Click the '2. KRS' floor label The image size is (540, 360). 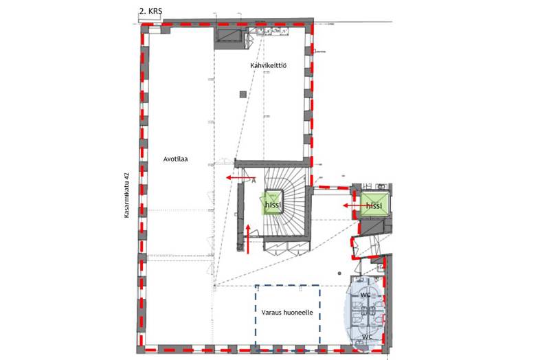click(x=150, y=11)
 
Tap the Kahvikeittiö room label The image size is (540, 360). click(x=268, y=65)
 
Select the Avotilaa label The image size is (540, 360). click(x=176, y=159)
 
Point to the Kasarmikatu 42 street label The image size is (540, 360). click(x=126, y=194)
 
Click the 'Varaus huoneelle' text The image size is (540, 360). click(x=287, y=313)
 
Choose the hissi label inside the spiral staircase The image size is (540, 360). click(x=273, y=204)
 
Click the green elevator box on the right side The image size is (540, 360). click(x=375, y=204)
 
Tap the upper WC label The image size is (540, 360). click(x=365, y=295)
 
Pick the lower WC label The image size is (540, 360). click(x=367, y=337)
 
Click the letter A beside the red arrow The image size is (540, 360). click(x=254, y=180)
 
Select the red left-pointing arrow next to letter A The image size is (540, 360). click(x=238, y=177)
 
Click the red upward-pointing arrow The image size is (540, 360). click(x=248, y=238)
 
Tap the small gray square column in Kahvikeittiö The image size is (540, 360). click(x=243, y=94)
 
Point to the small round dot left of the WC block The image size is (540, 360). click(x=339, y=273)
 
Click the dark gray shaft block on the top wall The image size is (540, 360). click(x=227, y=38)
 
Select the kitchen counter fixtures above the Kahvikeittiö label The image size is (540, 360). click(x=272, y=32)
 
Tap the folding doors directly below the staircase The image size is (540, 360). click(x=286, y=249)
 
